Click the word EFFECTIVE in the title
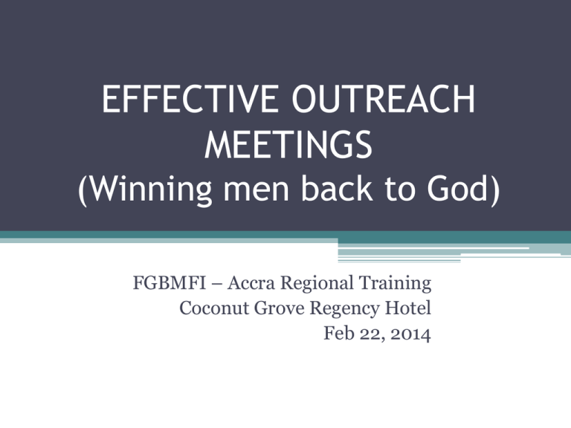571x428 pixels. point(190,99)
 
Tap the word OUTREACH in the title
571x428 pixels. point(384,99)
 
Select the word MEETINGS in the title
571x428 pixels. point(288,144)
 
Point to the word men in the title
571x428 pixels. point(257,192)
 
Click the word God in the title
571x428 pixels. point(457,188)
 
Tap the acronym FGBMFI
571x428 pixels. point(170,283)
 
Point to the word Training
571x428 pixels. point(395,284)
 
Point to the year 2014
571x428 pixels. point(410,334)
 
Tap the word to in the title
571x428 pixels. point(400,189)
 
